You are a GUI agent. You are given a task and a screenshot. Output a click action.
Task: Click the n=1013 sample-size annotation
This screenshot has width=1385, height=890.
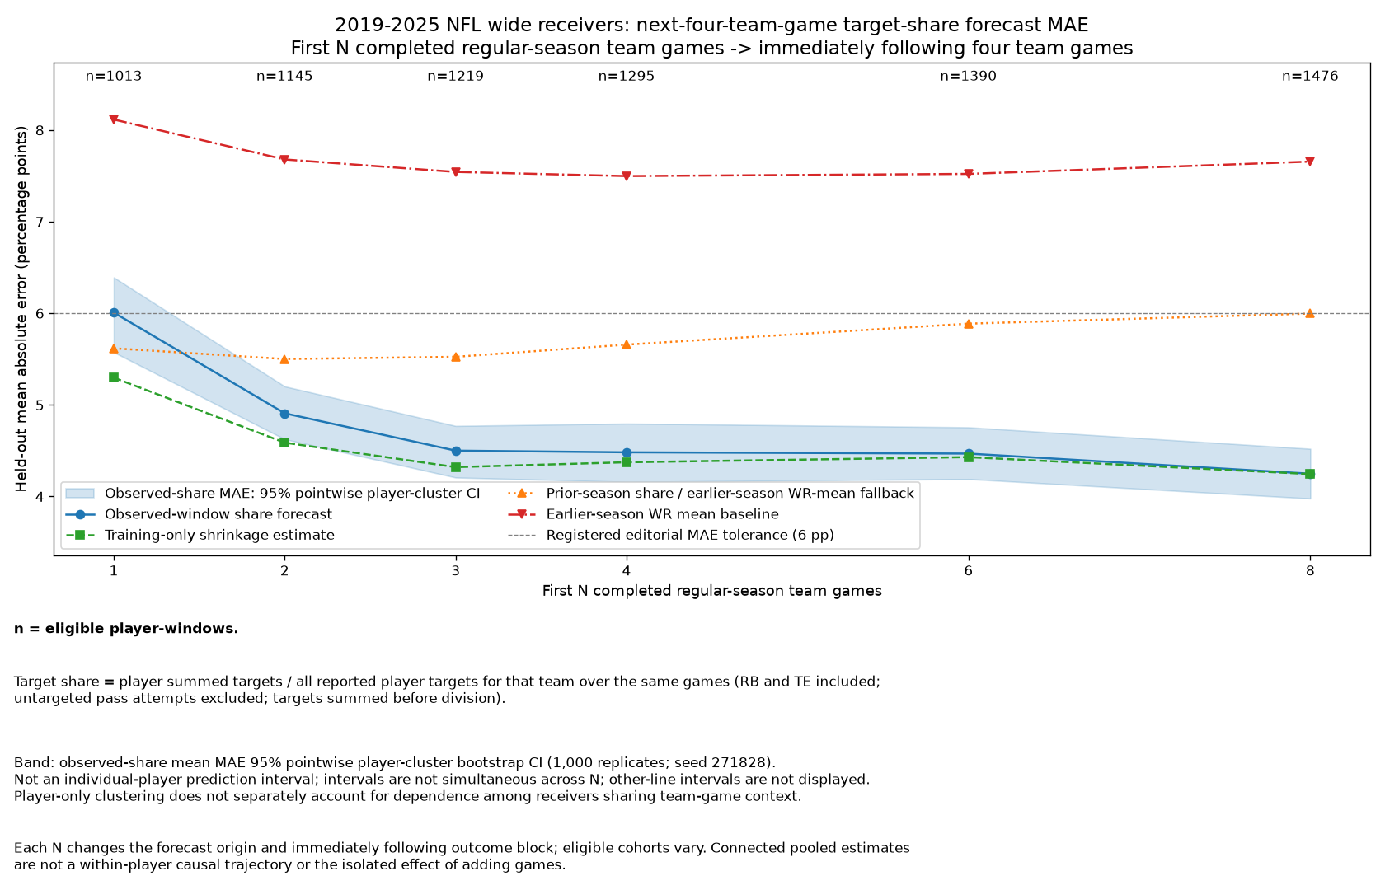point(114,76)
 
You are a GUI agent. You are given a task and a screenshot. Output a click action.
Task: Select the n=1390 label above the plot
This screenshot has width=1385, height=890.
point(968,76)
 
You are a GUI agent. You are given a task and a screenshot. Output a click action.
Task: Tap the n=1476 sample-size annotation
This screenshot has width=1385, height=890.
point(1309,76)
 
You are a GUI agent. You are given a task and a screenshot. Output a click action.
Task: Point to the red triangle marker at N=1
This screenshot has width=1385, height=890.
point(114,119)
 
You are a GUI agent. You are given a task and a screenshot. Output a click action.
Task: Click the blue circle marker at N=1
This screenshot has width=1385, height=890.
point(114,313)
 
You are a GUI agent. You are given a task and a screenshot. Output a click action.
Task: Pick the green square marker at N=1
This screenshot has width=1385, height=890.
point(114,377)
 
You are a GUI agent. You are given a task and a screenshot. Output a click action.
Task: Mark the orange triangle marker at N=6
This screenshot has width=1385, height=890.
point(968,324)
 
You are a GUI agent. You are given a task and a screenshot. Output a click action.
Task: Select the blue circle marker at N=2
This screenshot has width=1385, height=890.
point(284,414)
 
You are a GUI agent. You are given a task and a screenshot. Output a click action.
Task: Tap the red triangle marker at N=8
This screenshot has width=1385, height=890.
point(1309,162)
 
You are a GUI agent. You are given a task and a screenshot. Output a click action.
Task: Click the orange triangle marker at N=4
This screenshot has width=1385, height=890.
point(627,344)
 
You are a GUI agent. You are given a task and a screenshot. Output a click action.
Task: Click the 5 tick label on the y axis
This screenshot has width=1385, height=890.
point(40,405)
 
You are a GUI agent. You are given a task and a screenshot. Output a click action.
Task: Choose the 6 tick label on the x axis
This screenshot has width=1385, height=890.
point(968,571)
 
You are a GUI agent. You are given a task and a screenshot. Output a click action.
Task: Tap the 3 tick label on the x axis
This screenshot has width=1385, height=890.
point(456,571)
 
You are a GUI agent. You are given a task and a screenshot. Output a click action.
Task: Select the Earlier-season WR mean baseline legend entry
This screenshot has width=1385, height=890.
point(643,514)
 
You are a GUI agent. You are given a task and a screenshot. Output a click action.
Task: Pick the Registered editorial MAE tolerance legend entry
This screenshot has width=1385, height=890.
point(671,536)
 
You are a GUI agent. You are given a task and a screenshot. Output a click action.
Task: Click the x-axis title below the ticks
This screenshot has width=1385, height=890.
point(711,591)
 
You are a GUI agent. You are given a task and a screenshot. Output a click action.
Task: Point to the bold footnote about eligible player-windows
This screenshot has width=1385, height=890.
point(126,630)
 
